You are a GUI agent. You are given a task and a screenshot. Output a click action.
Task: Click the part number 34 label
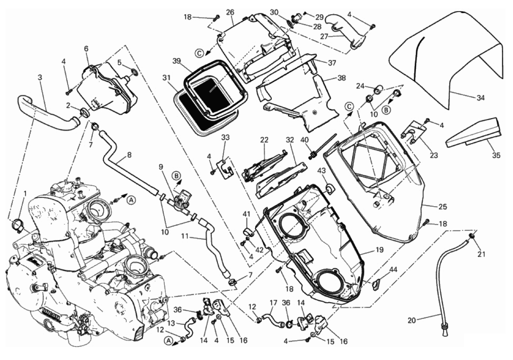coord(481,98)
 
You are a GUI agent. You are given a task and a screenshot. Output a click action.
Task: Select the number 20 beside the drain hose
coord(412,321)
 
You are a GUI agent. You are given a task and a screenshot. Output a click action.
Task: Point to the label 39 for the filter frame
coord(177,61)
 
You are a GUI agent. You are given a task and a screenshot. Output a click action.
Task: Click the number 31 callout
coord(167,78)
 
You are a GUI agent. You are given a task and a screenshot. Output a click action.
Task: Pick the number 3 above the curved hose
coord(40,77)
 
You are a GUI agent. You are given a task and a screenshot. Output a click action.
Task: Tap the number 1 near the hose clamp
coord(25,193)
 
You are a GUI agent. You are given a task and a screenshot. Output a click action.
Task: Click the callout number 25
coord(443,207)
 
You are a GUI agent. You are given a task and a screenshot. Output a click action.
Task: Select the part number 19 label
coord(380,250)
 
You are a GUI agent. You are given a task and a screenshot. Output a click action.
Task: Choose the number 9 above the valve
coord(161,167)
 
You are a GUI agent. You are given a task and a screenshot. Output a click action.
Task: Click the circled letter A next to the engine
coord(131,201)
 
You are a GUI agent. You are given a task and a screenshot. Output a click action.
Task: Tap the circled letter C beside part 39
coord(199,54)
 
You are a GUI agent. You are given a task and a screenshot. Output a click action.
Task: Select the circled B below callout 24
coord(386,110)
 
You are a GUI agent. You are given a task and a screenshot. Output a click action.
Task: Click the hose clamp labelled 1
coord(17,225)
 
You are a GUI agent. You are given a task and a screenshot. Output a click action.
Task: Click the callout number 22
coord(264,140)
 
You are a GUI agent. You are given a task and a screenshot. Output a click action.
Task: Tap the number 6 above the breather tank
coord(86,49)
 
